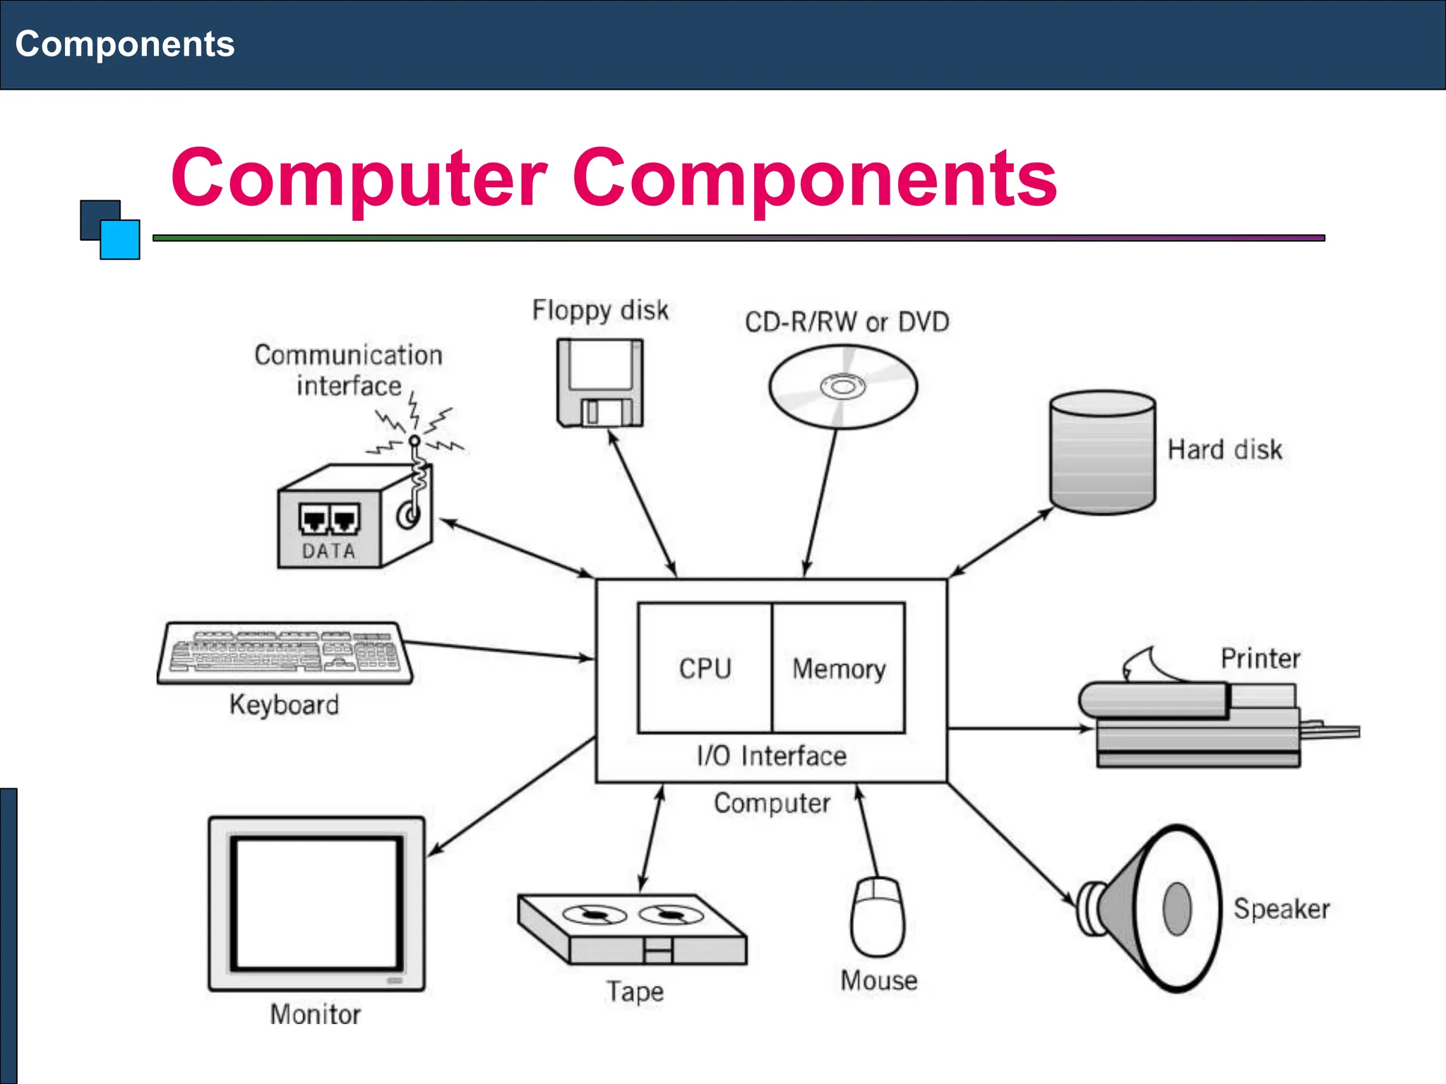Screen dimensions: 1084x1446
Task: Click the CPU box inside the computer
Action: (x=705, y=668)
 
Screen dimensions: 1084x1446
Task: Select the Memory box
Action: (x=839, y=668)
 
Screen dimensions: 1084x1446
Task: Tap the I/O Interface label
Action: (x=771, y=756)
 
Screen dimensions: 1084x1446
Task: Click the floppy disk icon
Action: (x=600, y=383)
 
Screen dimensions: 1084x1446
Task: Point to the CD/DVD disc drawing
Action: (x=842, y=387)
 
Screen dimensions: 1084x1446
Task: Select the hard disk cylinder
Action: (x=1102, y=452)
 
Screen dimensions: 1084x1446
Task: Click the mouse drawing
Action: (x=877, y=917)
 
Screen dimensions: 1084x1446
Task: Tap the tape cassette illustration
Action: (x=631, y=928)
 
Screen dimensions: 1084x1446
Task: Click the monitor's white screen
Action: (x=316, y=903)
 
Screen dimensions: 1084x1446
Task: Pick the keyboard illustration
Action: (x=285, y=653)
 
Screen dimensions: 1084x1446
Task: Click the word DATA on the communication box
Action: (x=328, y=550)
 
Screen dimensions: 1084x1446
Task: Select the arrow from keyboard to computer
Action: (x=498, y=650)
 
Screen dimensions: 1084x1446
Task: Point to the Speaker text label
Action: (x=1281, y=908)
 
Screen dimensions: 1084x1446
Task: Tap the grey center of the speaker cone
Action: (x=1176, y=908)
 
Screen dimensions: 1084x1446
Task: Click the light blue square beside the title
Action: (x=120, y=239)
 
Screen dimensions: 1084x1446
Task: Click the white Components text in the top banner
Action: (x=125, y=44)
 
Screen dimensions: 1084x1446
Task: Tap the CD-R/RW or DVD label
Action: (x=847, y=322)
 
